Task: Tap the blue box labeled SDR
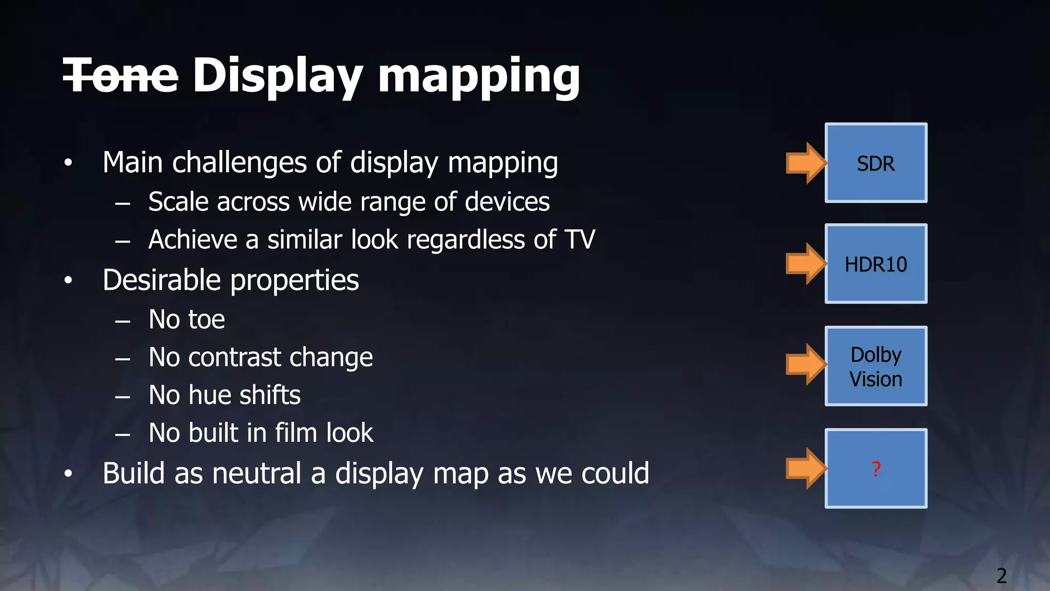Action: pos(876,163)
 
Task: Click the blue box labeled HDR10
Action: pos(876,264)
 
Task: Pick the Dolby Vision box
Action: pos(876,366)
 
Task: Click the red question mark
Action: pos(876,469)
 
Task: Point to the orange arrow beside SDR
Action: pos(806,163)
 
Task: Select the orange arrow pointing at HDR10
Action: pos(806,264)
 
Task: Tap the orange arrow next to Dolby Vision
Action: pos(806,364)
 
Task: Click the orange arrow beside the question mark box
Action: pos(806,468)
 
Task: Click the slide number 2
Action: pos(1001,576)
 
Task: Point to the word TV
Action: pos(579,240)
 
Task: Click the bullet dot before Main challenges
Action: pos(68,163)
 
